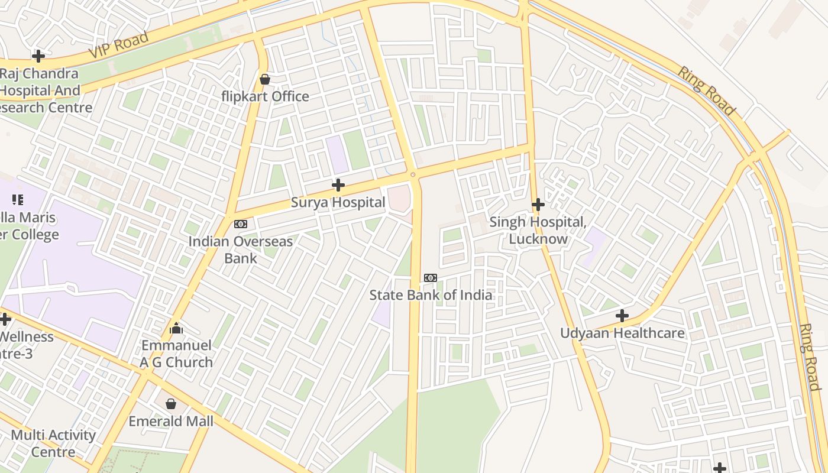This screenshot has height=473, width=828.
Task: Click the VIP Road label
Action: point(118,45)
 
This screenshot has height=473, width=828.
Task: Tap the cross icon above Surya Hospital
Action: point(338,186)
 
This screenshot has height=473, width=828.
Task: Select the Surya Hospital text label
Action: point(338,202)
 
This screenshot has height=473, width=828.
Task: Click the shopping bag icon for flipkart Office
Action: point(265,79)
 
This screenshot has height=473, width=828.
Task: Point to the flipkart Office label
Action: point(265,96)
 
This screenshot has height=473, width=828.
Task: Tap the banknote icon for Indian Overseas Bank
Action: point(241,224)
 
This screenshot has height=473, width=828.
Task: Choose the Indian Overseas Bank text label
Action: point(241,250)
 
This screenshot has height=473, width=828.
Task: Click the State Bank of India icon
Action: point(431,278)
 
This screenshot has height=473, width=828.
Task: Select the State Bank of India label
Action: point(431,294)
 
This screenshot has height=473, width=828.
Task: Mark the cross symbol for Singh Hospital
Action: point(538,205)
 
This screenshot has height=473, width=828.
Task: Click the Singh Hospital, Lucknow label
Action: point(538,231)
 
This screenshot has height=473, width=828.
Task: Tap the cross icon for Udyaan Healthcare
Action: point(622,316)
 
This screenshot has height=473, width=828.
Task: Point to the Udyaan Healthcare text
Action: point(622,333)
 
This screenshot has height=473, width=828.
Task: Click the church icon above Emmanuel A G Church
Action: point(176,328)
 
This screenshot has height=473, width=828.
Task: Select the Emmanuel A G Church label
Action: point(176,354)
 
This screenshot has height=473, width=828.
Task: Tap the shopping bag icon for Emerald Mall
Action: point(171,404)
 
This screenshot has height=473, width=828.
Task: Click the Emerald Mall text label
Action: point(171,421)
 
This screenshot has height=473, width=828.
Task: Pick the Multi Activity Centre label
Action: point(53,443)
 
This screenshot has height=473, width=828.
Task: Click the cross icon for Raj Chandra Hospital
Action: point(38,56)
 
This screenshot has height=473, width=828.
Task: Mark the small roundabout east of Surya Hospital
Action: point(413,175)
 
